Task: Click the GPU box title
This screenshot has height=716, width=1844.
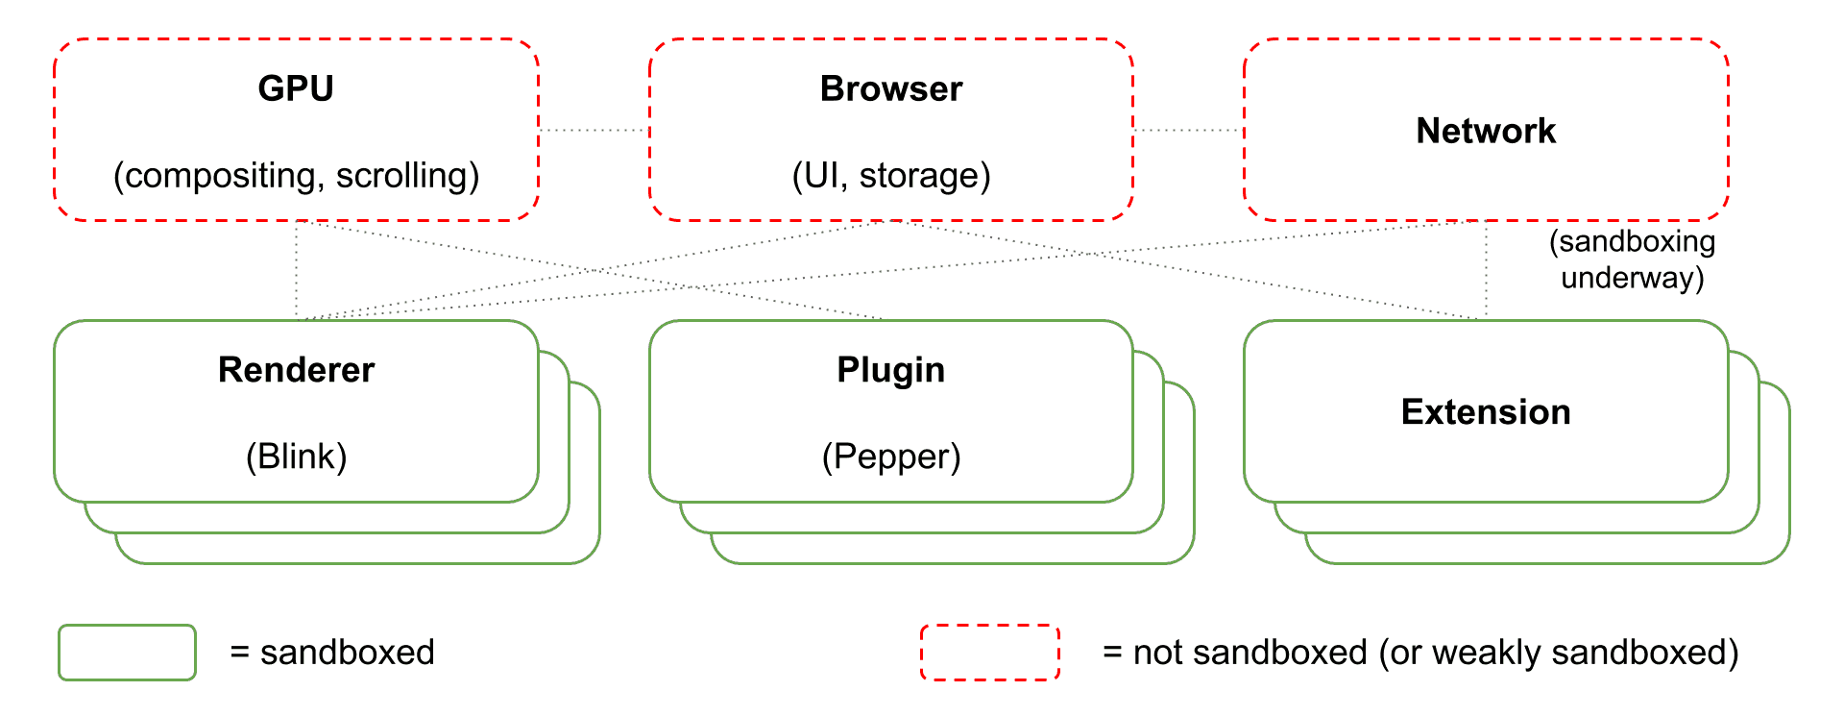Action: click(296, 88)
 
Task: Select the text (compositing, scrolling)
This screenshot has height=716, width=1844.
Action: click(296, 175)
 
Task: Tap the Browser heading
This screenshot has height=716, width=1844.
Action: click(890, 88)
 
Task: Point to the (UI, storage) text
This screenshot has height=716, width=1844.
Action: click(890, 175)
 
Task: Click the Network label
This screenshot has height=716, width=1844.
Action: click(1486, 131)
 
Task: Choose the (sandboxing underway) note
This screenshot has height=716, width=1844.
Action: click(1632, 259)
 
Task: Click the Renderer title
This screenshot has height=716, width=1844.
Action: click(296, 370)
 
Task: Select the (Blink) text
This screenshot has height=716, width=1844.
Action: click(296, 456)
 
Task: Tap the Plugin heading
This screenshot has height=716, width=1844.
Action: click(890, 370)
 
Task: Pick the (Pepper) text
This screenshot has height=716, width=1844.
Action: click(890, 456)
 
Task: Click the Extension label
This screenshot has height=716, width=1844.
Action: click(1486, 412)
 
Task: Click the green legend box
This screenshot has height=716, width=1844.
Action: click(127, 653)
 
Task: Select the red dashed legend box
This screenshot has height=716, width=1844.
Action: click(989, 653)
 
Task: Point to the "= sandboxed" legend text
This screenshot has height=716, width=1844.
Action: click(332, 653)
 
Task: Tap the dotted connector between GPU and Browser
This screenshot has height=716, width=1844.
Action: click(594, 130)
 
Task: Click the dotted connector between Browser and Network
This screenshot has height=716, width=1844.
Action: click(1188, 130)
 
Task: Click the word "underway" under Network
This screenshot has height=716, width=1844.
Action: click(1632, 278)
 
